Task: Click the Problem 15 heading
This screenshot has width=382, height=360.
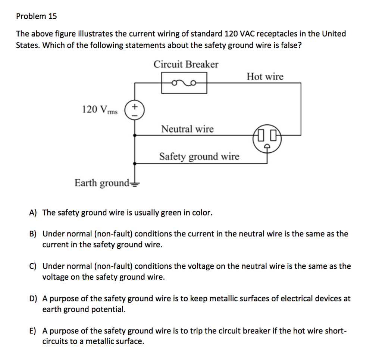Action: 36,16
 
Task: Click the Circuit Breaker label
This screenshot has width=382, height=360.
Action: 186,64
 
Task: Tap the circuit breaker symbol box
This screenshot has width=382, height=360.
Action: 184,82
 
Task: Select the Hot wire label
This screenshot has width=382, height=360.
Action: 265,77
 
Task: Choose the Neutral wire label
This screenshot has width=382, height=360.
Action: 187,129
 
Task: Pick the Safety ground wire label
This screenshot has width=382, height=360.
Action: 199,156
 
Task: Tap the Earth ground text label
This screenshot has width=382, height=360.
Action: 101,183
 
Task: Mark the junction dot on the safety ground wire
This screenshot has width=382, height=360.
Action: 135,163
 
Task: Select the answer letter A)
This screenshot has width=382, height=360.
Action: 33,213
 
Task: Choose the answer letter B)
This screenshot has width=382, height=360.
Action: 33,234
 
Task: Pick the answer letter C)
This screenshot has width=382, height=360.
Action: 33,266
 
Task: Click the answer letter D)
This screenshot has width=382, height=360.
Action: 33,299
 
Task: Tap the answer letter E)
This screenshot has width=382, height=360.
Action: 33,331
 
